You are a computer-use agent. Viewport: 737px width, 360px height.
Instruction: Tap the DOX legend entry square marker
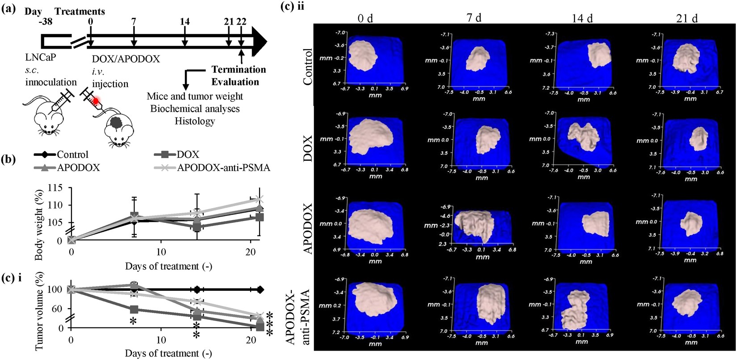click(x=165, y=155)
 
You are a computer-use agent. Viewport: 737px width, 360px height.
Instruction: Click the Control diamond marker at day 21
click(x=260, y=289)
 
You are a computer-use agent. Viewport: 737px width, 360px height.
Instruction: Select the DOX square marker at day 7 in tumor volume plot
click(x=134, y=309)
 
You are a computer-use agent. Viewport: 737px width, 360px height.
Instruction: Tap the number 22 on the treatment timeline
click(x=241, y=21)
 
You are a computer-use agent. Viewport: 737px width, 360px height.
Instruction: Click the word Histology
click(x=195, y=121)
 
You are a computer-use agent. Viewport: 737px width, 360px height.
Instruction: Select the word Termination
click(x=239, y=70)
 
